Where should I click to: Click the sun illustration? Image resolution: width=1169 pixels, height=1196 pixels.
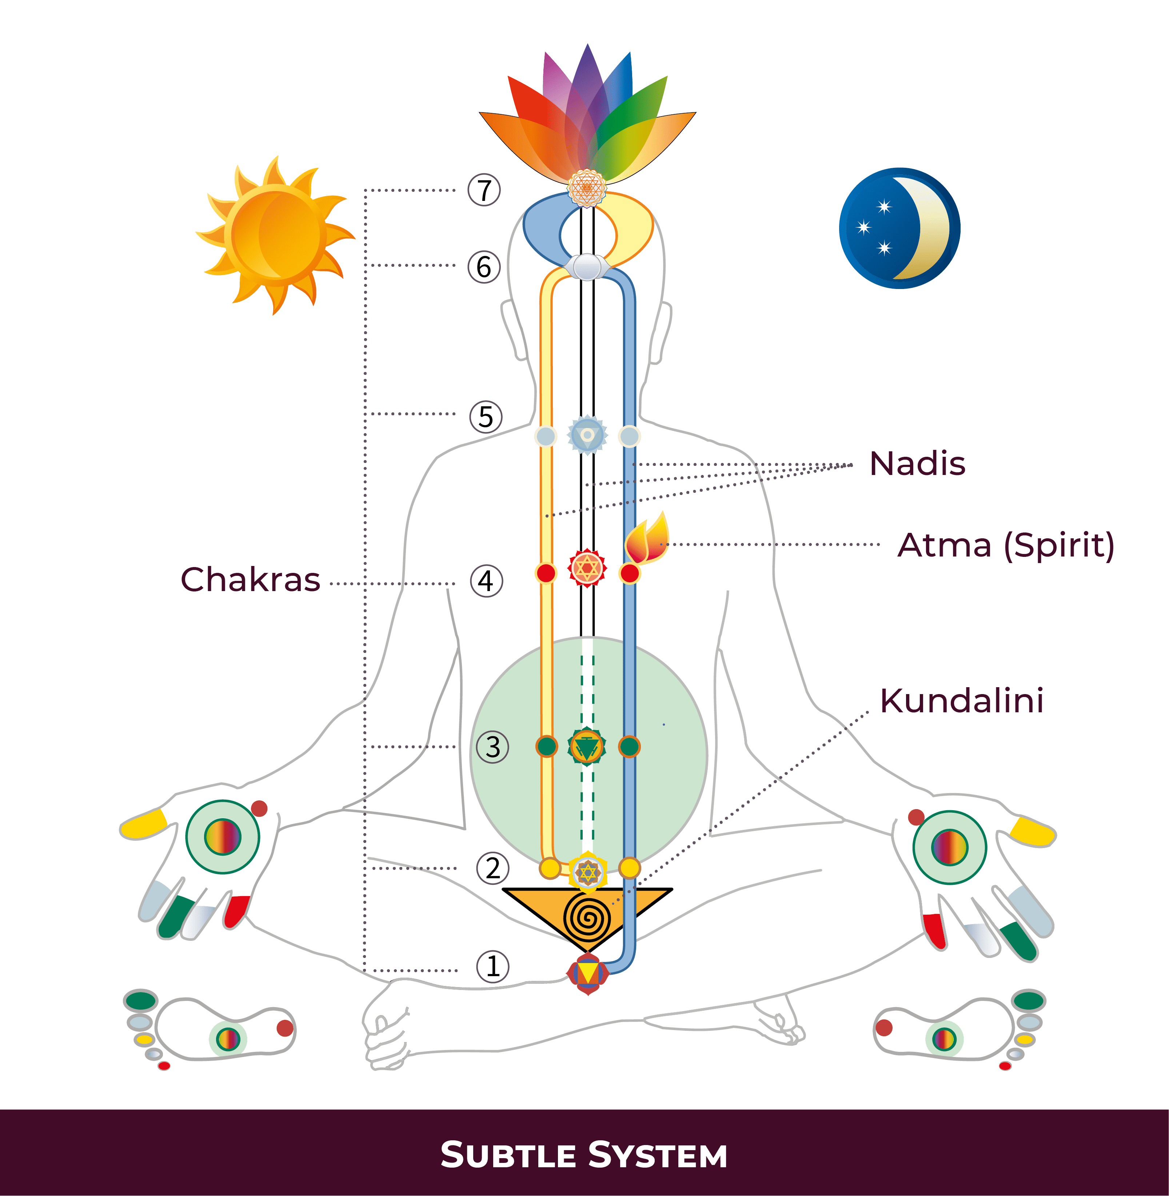(275, 235)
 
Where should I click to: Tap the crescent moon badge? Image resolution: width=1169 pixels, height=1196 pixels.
(899, 228)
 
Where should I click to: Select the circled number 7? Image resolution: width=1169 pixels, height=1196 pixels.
(484, 190)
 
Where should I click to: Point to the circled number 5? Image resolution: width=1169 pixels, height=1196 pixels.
(486, 417)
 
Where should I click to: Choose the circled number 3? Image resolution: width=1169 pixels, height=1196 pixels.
(493, 748)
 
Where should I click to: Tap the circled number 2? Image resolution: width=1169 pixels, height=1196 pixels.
(493, 868)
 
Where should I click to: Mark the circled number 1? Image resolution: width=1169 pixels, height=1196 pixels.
(493, 966)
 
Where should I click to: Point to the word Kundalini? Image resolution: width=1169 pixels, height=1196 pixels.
(961, 701)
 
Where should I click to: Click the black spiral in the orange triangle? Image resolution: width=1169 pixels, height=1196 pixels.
(587, 918)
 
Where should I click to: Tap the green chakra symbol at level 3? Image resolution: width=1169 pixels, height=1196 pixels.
(587, 747)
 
